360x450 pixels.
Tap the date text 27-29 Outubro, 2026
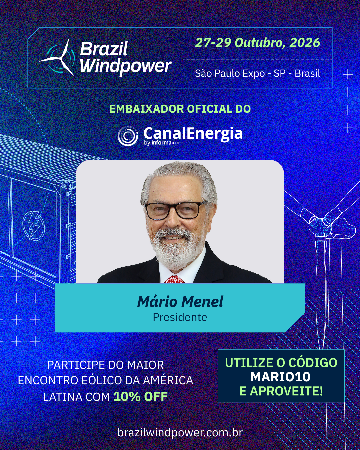pos(258,43)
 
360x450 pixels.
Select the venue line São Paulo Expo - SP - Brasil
pos(258,73)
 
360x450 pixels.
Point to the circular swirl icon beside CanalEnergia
pos(128,136)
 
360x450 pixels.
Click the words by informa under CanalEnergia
pos(158,143)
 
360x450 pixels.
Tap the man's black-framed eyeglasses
pos(175,210)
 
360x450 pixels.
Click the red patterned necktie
pos(174,279)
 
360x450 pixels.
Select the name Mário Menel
pos(180,302)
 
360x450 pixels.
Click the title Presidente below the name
pos(180,317)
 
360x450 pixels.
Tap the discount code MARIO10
pos(281,377)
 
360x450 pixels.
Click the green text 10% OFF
pos(141,396)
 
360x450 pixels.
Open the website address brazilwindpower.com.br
pos(180,432)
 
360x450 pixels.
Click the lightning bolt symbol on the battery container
pos(33,226)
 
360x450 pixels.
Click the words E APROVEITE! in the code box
pos(281,391)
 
